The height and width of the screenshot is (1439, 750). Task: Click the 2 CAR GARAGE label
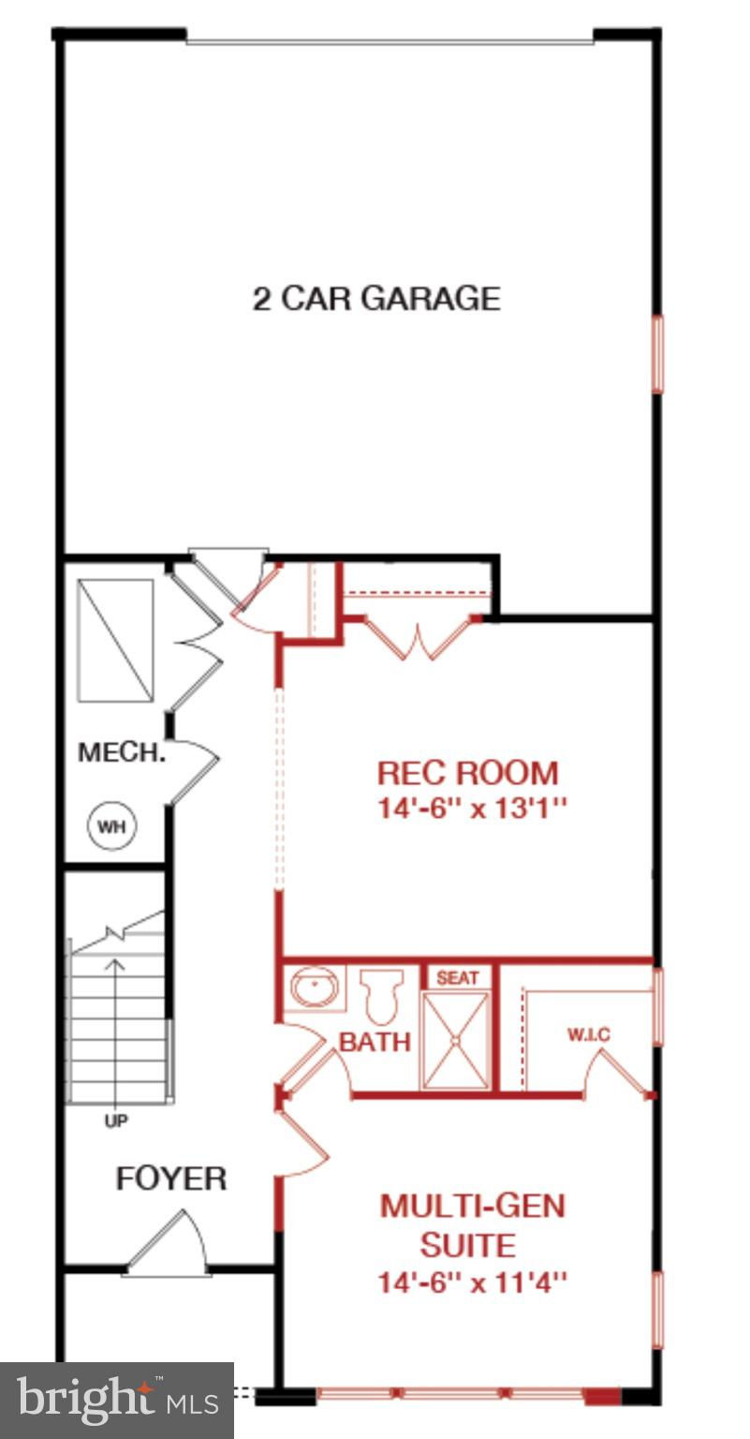point(376,299)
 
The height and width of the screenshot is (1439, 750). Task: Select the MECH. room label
point(122,752)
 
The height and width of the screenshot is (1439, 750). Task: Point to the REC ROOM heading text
point(467,773)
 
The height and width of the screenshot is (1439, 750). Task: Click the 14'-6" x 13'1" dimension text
point(472,809)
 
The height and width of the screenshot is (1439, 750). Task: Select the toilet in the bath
point(381,996)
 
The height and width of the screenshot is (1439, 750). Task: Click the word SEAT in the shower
point(458,978)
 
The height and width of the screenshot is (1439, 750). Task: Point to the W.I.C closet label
point(589,1035)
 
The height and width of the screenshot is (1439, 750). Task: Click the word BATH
point(375,1042)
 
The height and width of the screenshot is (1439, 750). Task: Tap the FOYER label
point(170,1179)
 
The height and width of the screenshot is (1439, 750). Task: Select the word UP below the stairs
point(116,1121)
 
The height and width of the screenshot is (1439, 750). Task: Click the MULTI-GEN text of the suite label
point(473,1206)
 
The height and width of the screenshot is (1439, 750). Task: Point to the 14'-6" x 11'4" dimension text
point(472,1283)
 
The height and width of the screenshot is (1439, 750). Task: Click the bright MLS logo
point(117,1400)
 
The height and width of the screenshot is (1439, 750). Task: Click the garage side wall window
point(657,353)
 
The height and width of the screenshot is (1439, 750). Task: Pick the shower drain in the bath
point(455,1040)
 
